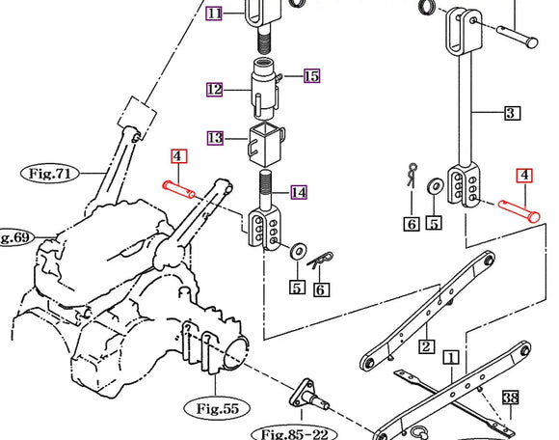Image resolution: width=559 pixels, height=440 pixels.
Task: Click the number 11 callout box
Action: [x=214, y=14]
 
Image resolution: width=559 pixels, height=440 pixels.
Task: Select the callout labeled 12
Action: [x=214, y=89]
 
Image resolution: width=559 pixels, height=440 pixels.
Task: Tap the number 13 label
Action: [x=214, y=138]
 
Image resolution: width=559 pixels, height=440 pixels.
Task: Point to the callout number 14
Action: [x=299, y=192]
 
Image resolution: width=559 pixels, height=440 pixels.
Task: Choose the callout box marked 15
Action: [x=310, y=75]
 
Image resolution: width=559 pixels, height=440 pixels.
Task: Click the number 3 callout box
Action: [x=512, y=113]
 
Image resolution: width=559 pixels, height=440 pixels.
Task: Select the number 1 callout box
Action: [x=449, y=357]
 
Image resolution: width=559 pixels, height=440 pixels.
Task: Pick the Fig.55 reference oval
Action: [x=217, y=408]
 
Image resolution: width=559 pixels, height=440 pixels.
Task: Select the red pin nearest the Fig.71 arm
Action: [x=180, y=189]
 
